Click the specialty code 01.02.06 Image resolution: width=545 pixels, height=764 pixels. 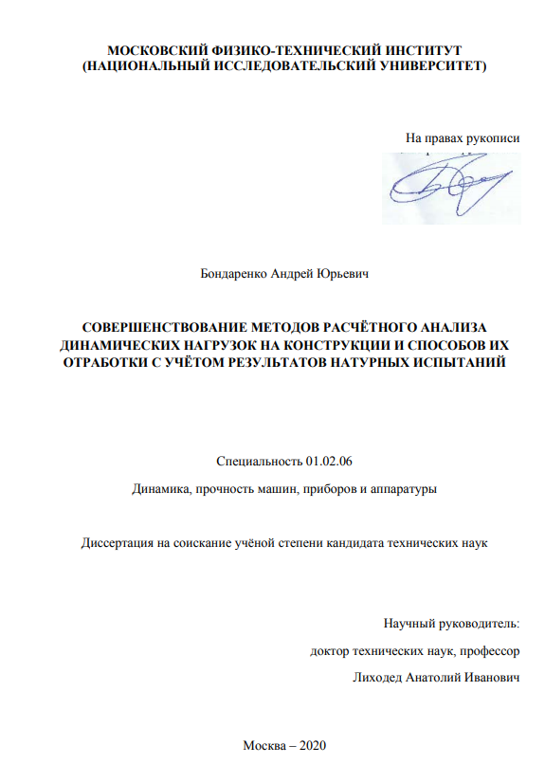pyautogui.click(x=329, y=462)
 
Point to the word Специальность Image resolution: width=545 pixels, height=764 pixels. pyautogui.click(x=259, y=462)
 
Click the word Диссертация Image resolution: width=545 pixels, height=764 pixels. pyautogui.click(x=118, y=543)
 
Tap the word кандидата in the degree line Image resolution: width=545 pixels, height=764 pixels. pyautogui.click(x=361, y=543)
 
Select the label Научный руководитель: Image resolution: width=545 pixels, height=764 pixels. pyautogui.click(x=453, y=623)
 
